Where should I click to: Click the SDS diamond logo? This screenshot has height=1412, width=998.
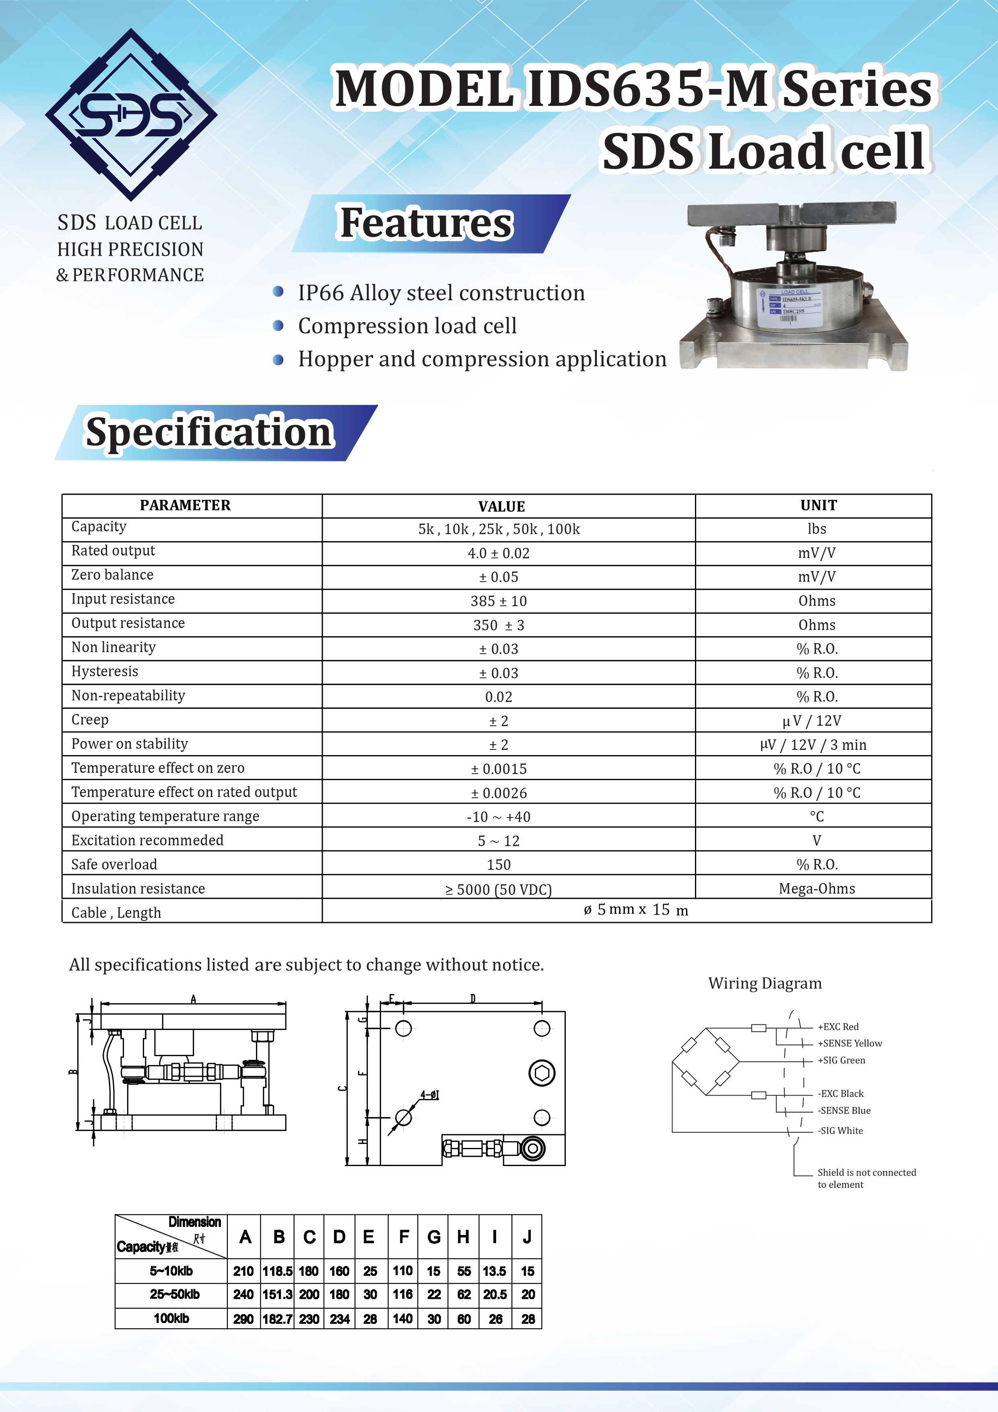pos(131,115)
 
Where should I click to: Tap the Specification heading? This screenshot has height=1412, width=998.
pos(209,432)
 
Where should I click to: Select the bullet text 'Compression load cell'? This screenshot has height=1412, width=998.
pos(407,326)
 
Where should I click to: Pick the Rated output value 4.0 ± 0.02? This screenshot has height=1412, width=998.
pos(498,553)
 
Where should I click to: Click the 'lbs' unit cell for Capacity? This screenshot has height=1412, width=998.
pos(817,529)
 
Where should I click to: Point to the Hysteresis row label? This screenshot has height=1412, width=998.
pos(105,671)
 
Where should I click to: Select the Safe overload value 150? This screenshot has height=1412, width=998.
pos(498,865)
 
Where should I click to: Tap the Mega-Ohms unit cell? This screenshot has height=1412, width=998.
pos(817,889)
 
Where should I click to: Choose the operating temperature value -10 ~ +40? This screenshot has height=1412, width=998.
pos(498,817)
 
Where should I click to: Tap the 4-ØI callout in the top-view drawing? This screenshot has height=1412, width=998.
pos(430,1095)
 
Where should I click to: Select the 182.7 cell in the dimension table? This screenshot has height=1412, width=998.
pos(277,1319)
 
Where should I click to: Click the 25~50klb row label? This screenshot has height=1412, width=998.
pos(175,1294)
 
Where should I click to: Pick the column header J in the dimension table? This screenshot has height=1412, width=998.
pos(527,1237)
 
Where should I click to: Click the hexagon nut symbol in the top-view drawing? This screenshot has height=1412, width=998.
pos(542,1073)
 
